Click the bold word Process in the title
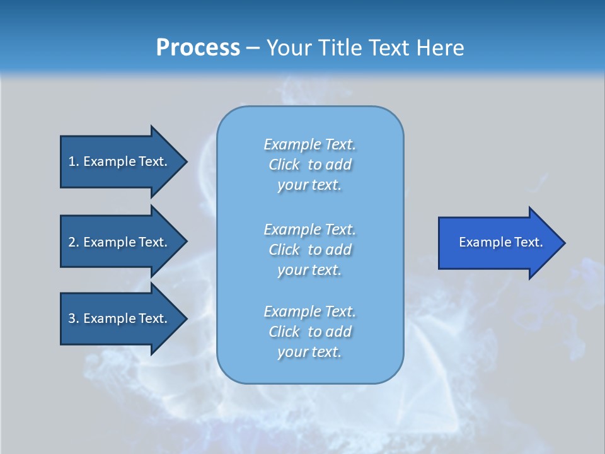click(198, 48)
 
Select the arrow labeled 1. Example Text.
click(120, 161)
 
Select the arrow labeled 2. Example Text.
click(120, 242)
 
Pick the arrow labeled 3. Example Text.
click(120, 318)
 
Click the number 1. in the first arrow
click(74, 161)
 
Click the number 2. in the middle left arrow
click(74, 242)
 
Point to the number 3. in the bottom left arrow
click(74, 318)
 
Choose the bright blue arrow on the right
click(498, 242)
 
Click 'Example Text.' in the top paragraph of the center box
click(310, 144)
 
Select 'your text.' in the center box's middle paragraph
click(309, 270)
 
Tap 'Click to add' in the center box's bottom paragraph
click(310, 332)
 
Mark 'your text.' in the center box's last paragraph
click(309, 352)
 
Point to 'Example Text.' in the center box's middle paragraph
click(310, 230)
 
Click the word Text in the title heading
click(389, 48)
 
